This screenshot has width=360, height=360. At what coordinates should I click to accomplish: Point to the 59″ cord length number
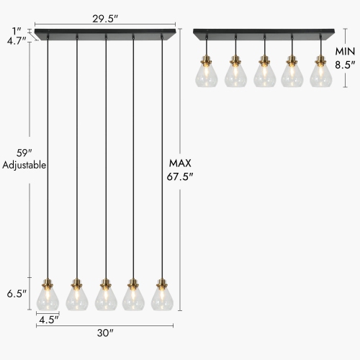click(x=24, y=152)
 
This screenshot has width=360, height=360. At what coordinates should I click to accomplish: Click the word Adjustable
click(x=24, y=165)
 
